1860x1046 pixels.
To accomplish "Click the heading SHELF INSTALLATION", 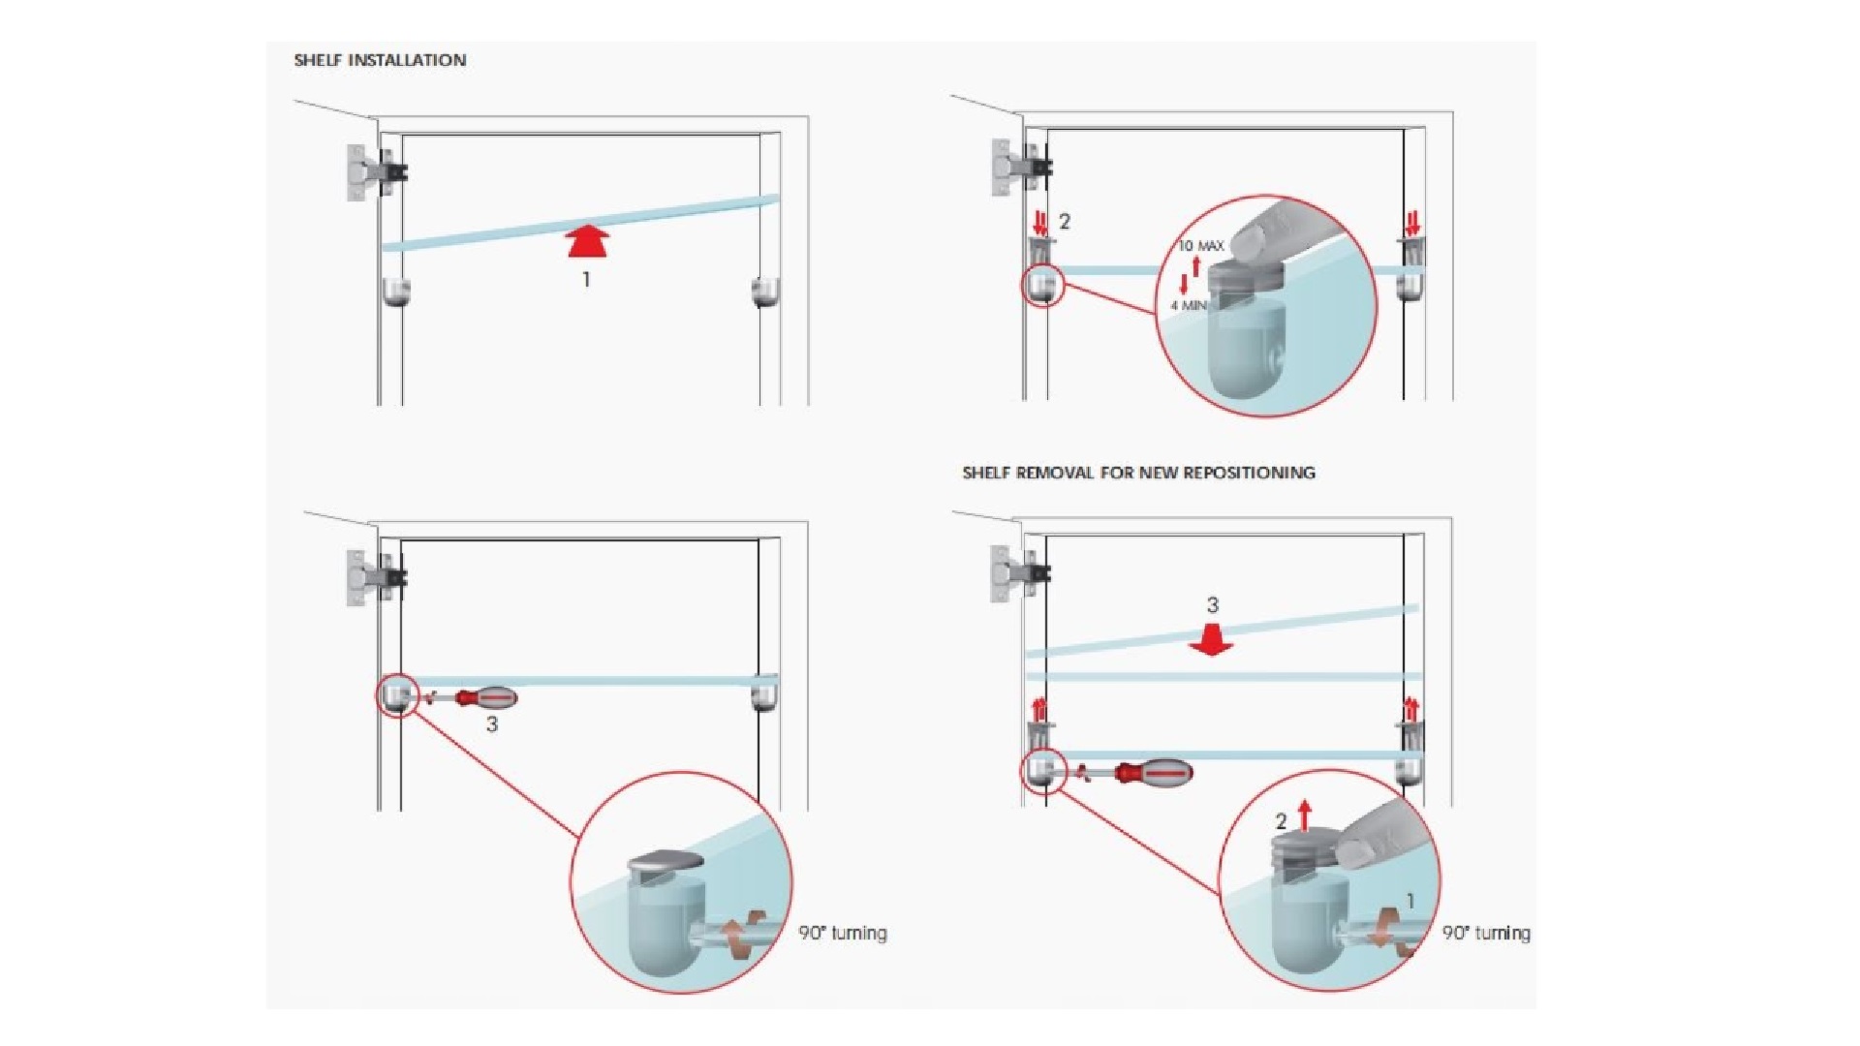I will tap(380, 60).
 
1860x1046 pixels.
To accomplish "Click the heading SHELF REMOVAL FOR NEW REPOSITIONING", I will tap(1138, 473).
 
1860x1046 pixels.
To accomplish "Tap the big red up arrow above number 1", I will tap(586, 242).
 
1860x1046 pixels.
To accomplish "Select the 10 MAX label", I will tap(1201, 246).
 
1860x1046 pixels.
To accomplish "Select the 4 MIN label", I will tap(1189, 305).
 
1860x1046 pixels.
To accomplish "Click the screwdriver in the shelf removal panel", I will tap(1143, 773).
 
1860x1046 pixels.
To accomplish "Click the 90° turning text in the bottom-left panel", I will tap(843, 933).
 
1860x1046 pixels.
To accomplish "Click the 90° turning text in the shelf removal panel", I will tap(1486, 933).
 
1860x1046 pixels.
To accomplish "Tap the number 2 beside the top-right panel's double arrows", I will tap(1065, 222).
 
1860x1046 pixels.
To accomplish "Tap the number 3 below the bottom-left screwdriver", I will tap(492, 723).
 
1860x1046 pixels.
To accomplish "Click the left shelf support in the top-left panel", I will tap(396, 292).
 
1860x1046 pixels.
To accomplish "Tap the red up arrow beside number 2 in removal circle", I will tap(1305, 816).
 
